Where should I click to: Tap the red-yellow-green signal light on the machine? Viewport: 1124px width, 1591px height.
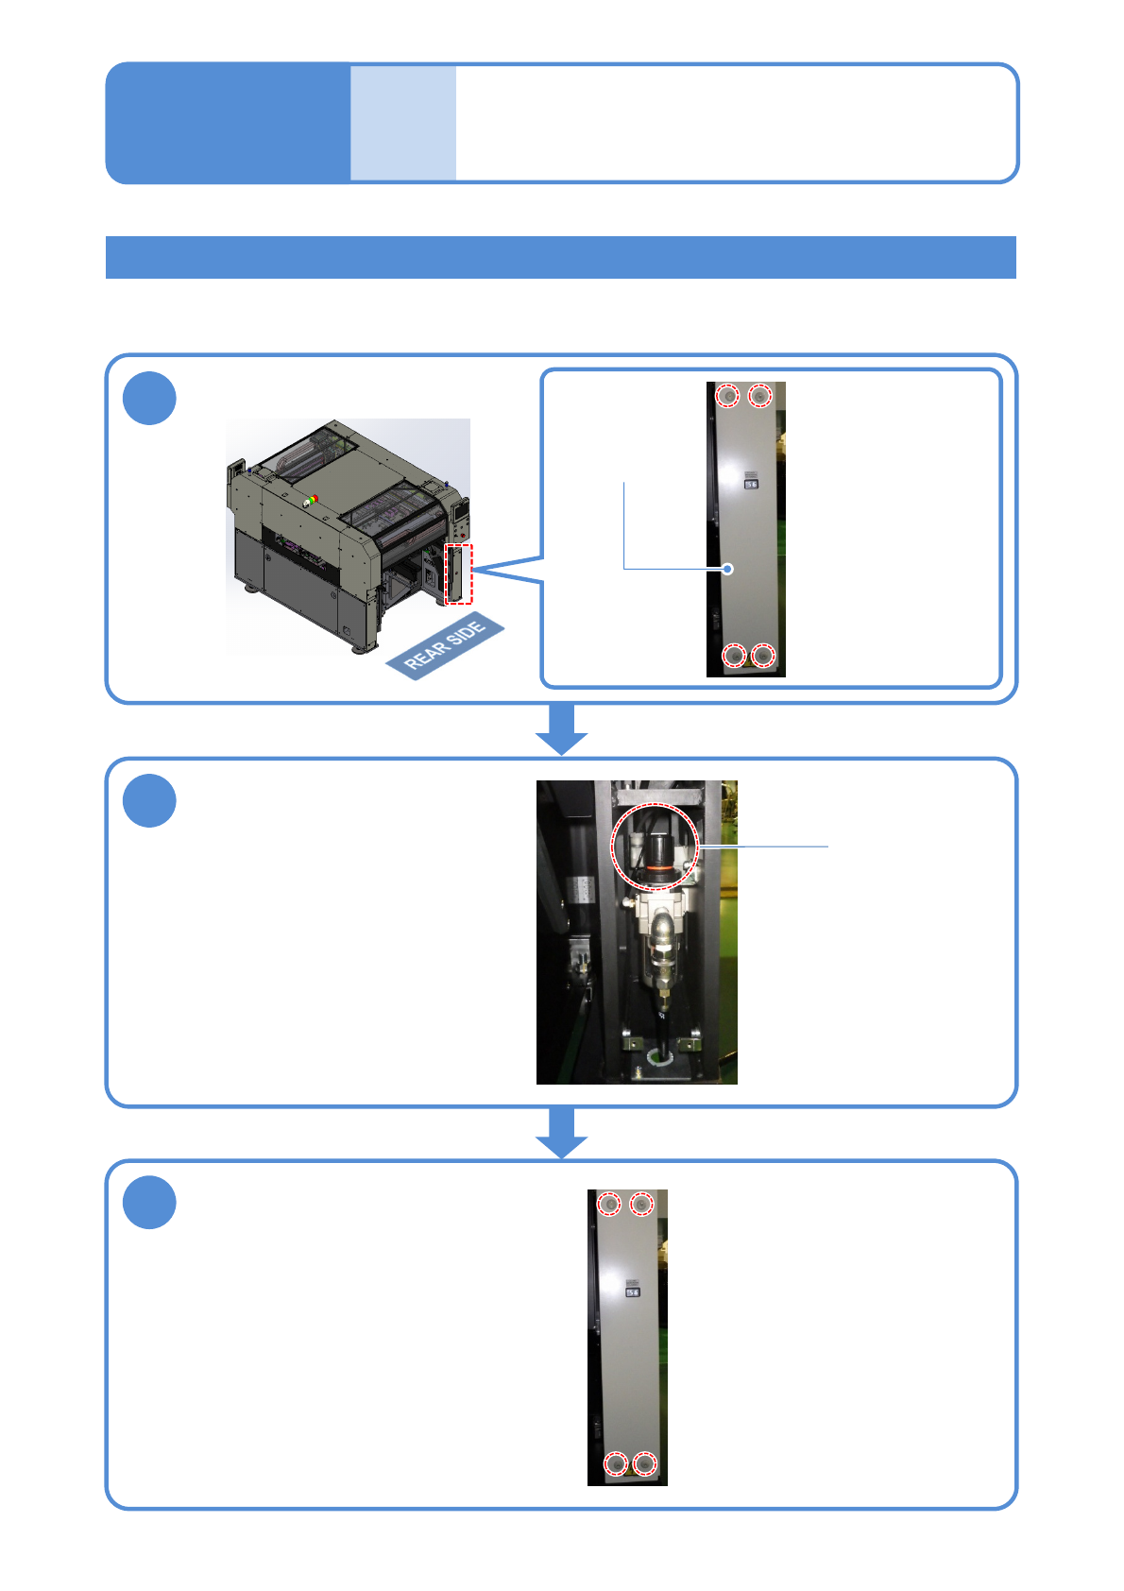coord(311,500)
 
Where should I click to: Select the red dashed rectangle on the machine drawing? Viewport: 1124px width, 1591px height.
coord(459,573)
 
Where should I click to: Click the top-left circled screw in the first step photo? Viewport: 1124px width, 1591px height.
coord(727,395)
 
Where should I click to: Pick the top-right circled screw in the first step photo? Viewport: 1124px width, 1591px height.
coord(760,395)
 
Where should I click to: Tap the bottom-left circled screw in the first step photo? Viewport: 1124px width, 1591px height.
coord(734,655)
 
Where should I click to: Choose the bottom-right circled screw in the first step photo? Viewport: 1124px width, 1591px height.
coord(764,655)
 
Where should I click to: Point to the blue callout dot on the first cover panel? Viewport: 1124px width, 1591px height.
coord(727,569)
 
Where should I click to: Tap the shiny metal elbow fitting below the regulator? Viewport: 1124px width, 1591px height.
coord(663,930)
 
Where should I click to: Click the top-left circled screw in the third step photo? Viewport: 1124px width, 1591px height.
coord(610,1204)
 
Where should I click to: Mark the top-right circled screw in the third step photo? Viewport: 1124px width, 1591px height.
coord(641,1204)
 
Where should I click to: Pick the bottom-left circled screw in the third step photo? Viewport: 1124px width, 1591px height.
coord(616,1464)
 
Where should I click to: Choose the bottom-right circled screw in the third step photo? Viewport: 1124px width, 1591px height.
coord(645,1464)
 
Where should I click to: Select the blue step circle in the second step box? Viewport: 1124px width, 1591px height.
coord(149,800)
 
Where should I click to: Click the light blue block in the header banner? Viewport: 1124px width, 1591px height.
coord(403,123)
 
